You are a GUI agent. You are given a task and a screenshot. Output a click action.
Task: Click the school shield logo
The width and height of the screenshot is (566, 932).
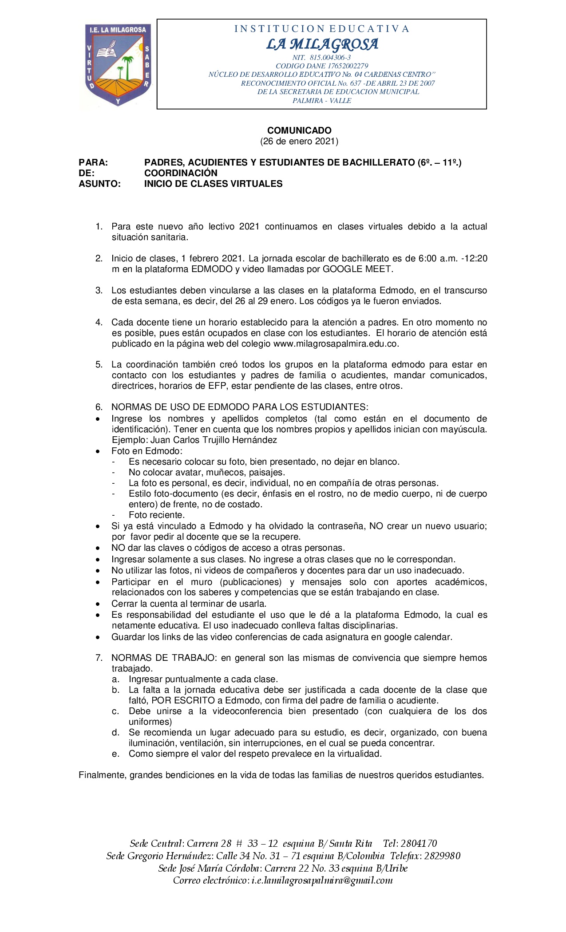118,65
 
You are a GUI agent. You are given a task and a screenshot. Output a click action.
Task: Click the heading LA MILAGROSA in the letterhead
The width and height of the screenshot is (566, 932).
322,44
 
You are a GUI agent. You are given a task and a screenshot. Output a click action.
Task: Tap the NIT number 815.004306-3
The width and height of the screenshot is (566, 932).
333,58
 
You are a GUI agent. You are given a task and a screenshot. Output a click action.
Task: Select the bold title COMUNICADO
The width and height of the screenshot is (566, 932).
299,130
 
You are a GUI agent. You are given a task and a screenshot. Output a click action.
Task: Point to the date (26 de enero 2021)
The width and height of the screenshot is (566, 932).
299,142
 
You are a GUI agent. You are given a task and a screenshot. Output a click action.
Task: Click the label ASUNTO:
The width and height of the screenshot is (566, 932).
99,184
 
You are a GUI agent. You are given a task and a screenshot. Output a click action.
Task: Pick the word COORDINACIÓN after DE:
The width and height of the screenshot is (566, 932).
181,173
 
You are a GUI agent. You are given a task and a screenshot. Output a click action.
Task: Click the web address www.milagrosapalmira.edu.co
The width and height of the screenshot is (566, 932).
336,344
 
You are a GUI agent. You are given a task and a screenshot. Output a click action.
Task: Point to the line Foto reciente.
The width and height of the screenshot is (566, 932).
156,515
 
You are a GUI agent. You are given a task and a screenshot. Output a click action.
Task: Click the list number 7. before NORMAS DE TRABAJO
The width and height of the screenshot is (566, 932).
99,658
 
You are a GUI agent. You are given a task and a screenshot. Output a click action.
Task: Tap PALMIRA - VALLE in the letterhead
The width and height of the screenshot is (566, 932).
322,101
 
